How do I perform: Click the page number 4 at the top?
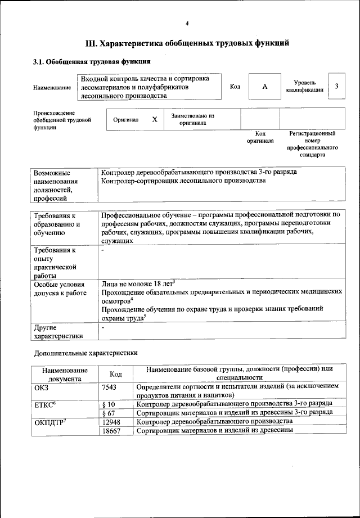[x=187, y=23]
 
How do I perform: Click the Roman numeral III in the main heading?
[x=92, y=42]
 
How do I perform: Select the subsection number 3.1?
[x=39, y=61]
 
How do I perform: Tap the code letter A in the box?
[x=264, y=87]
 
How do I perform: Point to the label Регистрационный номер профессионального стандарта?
[x=312, y=144]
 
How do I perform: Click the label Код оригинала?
[x=260, y=137]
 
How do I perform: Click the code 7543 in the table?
[x=110, y=387]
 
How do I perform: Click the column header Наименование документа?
[x=65, y=374]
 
